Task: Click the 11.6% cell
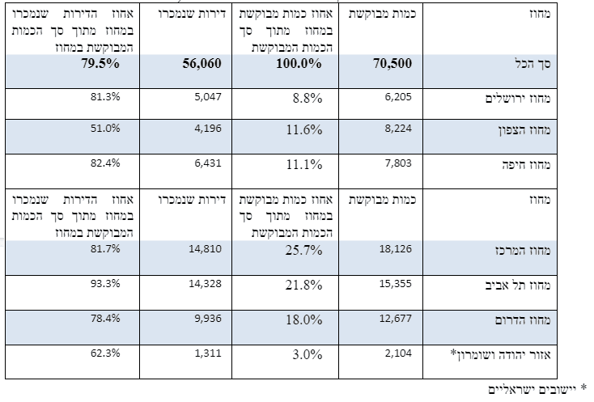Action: (304, 130)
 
